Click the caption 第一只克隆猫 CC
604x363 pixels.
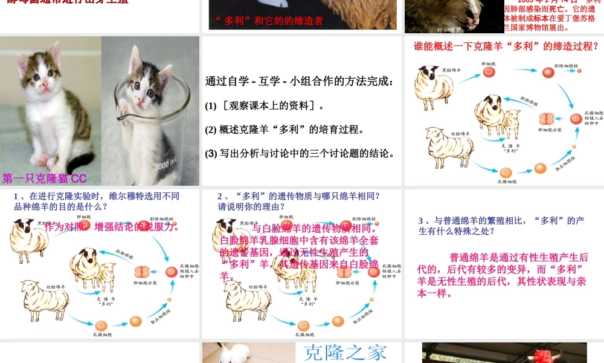45,178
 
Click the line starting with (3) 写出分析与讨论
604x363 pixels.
300,153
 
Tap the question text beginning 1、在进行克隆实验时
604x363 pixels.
97,201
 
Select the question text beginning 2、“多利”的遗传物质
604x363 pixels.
299,201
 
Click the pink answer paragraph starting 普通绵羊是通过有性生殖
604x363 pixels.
503,275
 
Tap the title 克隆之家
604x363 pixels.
344,352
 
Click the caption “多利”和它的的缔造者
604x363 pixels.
269,21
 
